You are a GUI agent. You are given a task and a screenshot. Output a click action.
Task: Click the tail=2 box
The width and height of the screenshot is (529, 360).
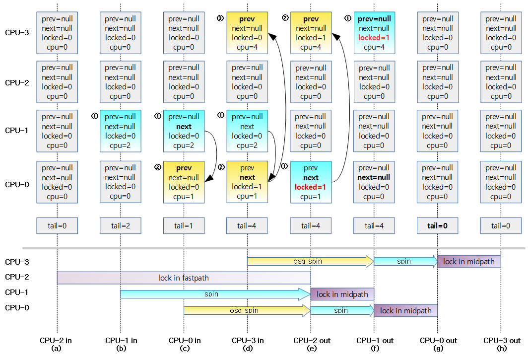[120, 225]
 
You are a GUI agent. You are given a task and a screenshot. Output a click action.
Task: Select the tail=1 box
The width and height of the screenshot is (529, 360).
[184, 225]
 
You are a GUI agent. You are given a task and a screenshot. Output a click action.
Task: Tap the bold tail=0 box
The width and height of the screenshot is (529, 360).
[437, 225]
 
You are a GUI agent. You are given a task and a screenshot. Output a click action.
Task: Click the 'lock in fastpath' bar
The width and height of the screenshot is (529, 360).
[184, 278]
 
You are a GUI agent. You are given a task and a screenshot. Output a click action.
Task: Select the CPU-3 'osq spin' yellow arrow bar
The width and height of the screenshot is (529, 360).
[310, 261]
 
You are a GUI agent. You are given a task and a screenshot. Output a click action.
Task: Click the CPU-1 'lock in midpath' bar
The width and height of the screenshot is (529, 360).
[342, 294]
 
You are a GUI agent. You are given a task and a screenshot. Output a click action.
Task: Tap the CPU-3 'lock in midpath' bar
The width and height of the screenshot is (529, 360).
[468, 261]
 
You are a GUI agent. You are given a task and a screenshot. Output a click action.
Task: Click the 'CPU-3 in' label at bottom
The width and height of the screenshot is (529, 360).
[248, 341]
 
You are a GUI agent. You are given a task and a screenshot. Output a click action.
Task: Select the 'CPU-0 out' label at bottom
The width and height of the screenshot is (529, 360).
[438, 341]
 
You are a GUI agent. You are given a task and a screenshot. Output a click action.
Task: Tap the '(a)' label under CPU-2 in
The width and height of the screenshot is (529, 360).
[57, 349]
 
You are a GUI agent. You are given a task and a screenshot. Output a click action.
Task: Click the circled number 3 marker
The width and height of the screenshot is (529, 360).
[221, 18]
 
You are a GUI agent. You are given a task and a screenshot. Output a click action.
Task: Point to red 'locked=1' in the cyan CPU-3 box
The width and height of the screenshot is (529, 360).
[374, 38]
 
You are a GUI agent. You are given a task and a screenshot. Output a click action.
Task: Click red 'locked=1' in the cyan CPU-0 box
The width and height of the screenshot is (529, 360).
[311, 187]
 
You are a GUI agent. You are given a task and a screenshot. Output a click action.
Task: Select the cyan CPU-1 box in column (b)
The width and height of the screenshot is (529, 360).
[120, 131]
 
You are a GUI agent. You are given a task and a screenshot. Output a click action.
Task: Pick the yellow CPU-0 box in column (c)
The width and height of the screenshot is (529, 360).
[184, 182]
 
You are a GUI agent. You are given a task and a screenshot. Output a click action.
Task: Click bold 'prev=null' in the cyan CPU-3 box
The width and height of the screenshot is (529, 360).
[374, 19]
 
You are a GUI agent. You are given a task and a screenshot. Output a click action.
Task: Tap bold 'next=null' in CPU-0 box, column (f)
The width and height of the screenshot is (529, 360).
[374, 177]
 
